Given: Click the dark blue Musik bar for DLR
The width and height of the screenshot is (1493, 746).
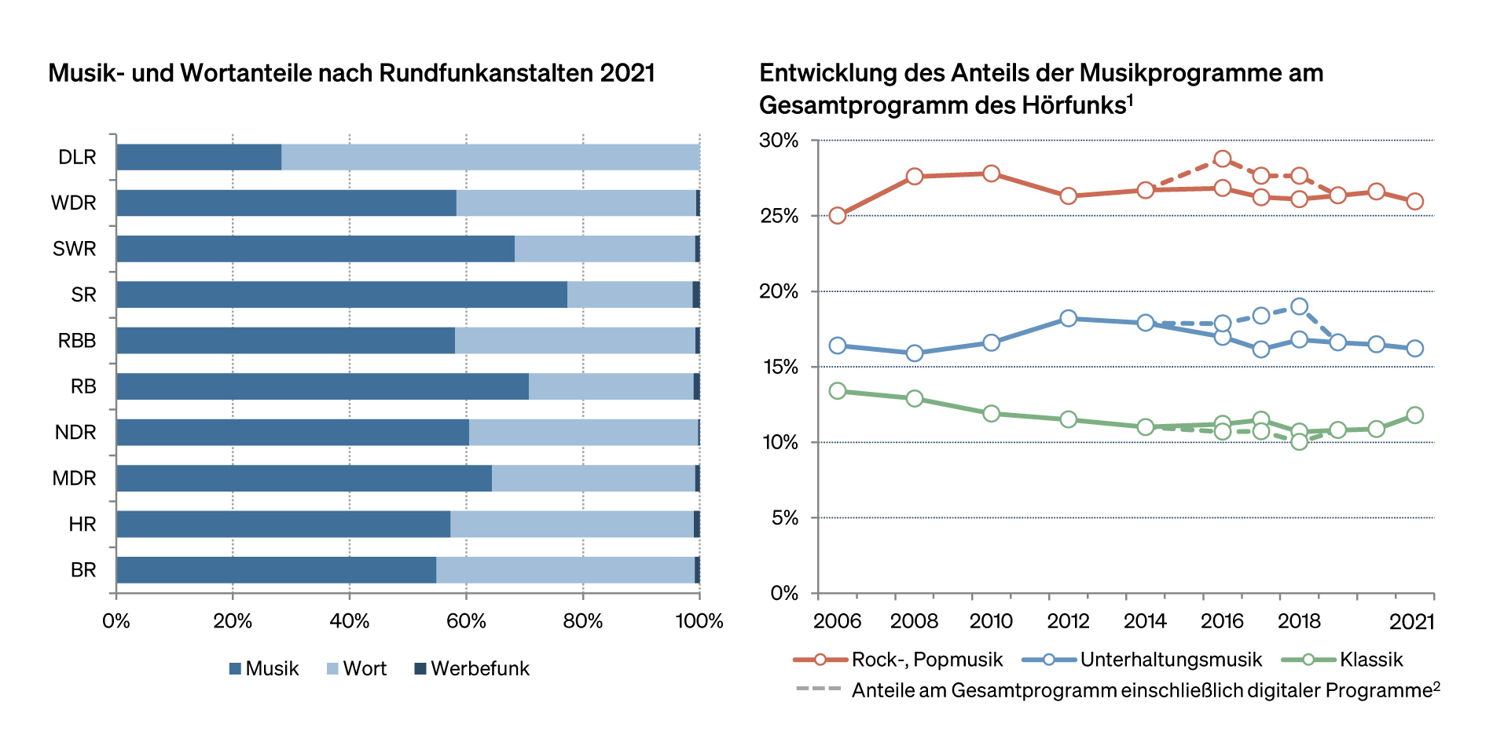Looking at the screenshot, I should click(198, 157).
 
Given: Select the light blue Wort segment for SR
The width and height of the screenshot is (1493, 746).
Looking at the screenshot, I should click(629, 294).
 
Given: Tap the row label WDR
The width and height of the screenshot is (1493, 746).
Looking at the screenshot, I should click(74, 203).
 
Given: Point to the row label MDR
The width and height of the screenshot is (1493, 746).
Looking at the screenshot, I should click(74, 478).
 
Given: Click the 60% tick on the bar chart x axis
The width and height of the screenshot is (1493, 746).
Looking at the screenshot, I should click(466, 621).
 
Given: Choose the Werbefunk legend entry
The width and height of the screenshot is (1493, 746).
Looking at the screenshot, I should click(471, 668).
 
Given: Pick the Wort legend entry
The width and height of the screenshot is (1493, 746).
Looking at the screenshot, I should click(356, 668).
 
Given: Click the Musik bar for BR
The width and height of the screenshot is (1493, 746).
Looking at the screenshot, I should click(275, 570).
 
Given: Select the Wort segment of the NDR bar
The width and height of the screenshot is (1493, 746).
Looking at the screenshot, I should click(583, 432).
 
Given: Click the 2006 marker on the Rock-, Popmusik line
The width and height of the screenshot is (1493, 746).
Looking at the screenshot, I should click(838, 215).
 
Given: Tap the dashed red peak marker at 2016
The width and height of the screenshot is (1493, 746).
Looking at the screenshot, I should click(1222, 159).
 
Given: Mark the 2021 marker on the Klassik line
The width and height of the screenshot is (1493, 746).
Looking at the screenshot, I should click(1414, 415).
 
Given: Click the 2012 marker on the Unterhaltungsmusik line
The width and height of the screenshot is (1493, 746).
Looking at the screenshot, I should click(1068, 318).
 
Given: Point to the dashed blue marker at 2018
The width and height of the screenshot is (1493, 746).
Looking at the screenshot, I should click(1299, 306).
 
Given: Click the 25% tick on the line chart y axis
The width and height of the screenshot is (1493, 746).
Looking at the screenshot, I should click(780, 216).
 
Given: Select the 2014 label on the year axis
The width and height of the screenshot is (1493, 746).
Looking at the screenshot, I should click(1145, 621).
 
